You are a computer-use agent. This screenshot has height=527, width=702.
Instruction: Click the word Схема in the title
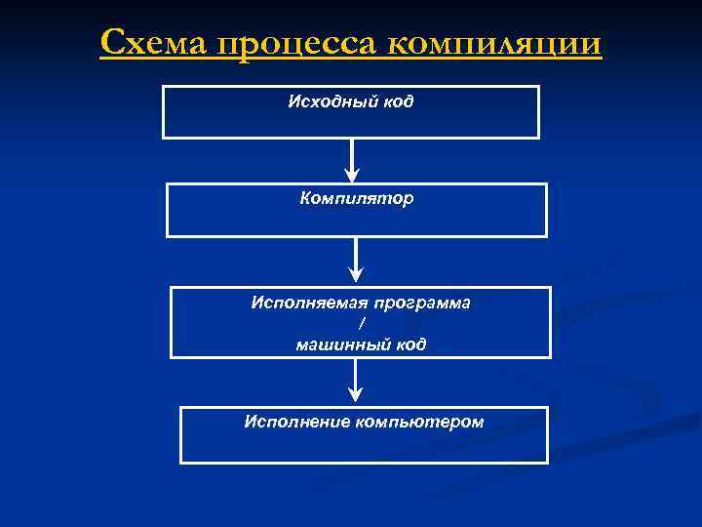pyautogui.click(x=153, y=44)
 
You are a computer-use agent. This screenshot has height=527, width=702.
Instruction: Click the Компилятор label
pyautogui.click(x=356, y=199)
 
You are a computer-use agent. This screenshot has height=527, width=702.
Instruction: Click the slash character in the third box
pyautogui.click(x=361, y=323)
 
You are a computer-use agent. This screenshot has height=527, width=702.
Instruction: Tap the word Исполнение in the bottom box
pyautogui.click(x=297, y=422)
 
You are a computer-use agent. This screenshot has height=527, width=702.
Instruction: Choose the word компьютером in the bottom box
pyautogui.click(x=420, y=422)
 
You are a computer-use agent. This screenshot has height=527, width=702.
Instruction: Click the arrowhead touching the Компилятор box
pyautogui.click(x=352, y=175)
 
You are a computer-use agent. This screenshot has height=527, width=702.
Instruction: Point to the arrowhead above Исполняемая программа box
pyautogui.click(x=357, y=277)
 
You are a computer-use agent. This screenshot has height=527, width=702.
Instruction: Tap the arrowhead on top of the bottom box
pyautogui.click(x=357, y=395)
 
